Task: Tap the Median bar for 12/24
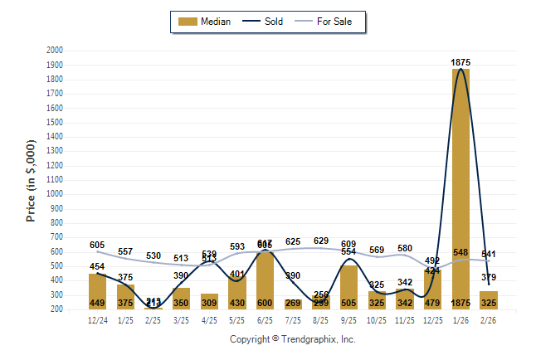click(x=97, y=291)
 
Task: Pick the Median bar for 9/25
click(x=348, y=287)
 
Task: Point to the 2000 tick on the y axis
click(x=55, y=51)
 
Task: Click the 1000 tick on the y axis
click(x=55, y=194)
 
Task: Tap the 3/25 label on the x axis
click(x=181, y=319)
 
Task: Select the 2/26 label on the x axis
click(x=489, y=319)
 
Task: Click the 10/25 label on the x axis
click(x=377, y=319)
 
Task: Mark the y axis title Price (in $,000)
click(x=31, y=180)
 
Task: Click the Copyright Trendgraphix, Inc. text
click(x=292, y=339)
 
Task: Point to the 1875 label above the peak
click(x=462, y=62)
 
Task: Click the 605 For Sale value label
click(x=97, y=245)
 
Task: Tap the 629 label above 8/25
click(x=321, y=241)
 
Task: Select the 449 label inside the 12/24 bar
click(x=97, y=303)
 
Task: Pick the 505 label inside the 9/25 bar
click(x=348, y=303)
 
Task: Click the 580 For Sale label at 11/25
click(x=405, y=248)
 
